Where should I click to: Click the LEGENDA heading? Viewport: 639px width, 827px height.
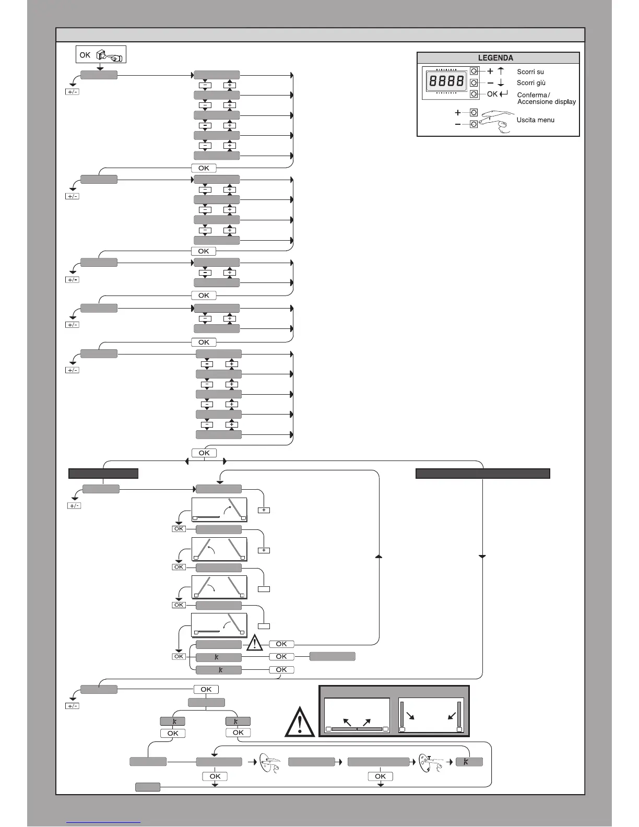495,58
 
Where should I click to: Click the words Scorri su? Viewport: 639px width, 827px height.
530,72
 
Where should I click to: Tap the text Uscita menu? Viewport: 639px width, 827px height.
536,120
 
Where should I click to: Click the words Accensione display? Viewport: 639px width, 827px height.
547,102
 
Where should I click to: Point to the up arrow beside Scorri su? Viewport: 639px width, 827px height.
501,72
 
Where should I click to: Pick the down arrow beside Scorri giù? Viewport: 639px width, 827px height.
501,83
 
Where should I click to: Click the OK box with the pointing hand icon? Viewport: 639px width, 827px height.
101,55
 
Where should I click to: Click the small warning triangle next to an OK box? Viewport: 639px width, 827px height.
255,642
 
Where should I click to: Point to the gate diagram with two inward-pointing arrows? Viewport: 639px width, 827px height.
431,715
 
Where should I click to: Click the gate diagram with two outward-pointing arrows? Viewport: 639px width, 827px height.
357,715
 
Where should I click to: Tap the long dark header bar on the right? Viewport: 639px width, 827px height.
482,474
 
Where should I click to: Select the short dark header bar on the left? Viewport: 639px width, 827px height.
103,474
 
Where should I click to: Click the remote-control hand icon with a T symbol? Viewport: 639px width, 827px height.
430,763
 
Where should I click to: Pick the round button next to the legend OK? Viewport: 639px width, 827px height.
474,94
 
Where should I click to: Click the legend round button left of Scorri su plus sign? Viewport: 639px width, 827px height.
474,71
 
